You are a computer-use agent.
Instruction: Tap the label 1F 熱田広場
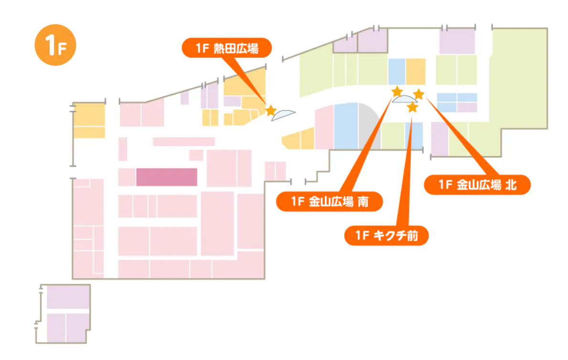(226, 48)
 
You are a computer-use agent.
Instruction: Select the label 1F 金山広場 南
(330, 201)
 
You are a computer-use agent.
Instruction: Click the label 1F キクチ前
(386, 235)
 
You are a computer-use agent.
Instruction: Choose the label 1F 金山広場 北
(477, 185)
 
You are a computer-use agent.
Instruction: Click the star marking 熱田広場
(270, 111)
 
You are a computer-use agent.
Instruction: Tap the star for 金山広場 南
(397, 91)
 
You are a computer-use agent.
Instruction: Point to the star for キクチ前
(412, 108)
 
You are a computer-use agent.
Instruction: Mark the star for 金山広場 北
(418, 94)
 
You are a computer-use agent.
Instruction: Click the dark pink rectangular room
(166, 177)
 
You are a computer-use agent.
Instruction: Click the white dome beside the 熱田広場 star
(283, 115)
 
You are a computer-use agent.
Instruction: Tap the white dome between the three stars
(404, 99)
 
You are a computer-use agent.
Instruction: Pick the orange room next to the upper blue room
(416, 72)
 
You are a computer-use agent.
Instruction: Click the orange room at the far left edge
(89, 120)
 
